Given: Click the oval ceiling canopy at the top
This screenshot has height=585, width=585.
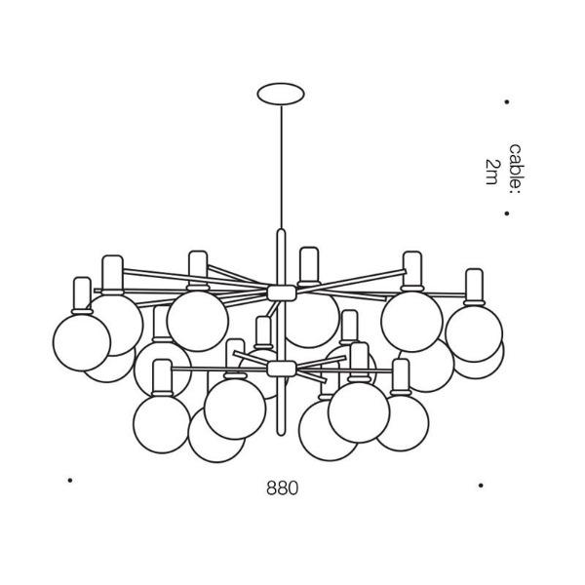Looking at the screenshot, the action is (x=281, y=94).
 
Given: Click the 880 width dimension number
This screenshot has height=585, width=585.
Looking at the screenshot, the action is (x=283, y=487).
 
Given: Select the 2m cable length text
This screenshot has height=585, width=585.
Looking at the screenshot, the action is (x=491, y=172).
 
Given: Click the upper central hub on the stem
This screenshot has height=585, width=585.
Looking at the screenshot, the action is (x=282, y=292).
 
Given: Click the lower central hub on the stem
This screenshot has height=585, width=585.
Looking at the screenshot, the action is (x=282, y=369).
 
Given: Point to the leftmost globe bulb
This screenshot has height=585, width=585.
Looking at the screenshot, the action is (x=82, y=342).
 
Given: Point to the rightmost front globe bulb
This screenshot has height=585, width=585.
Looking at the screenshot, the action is (x=474, y=333).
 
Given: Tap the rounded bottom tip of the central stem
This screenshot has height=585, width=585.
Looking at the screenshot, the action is (x=282, y=433).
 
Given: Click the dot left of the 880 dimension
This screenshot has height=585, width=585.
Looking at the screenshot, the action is (x=70, y=480).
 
